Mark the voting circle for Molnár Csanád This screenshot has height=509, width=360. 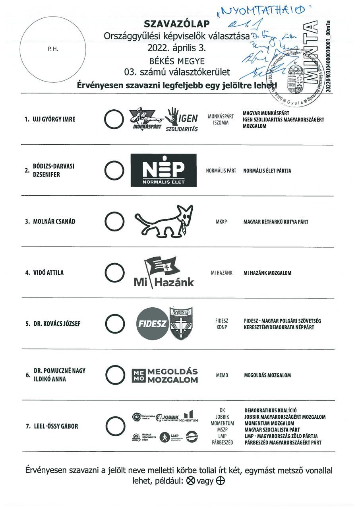pyautogui.click(x=113, y=221)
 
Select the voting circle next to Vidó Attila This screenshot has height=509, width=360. pyautogui.click(x=113, y=273)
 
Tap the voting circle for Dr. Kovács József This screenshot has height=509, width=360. pyautogui.click(x=113, y=324)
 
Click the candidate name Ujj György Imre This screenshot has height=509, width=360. pyautogui.click(x=54, y=119)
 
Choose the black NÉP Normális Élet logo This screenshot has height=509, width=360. pyautogui.click(x=163, y=171)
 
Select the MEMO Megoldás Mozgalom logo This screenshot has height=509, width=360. pyautogui.click(x=165, y=375)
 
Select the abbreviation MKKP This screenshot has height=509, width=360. pyautogui.click(x=221, y=221)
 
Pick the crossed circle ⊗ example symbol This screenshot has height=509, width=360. pyautogui.click(x=190, y=481)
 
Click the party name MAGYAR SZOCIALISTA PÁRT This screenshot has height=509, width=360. pyautogui.click(x=272, y=430)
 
